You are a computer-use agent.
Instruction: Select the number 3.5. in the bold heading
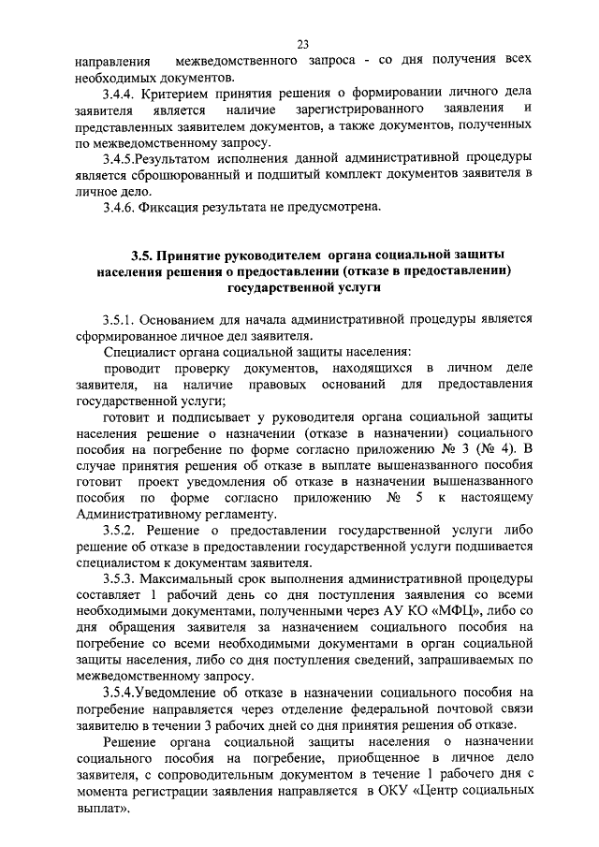pyautogui.click(x=142, y=256)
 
